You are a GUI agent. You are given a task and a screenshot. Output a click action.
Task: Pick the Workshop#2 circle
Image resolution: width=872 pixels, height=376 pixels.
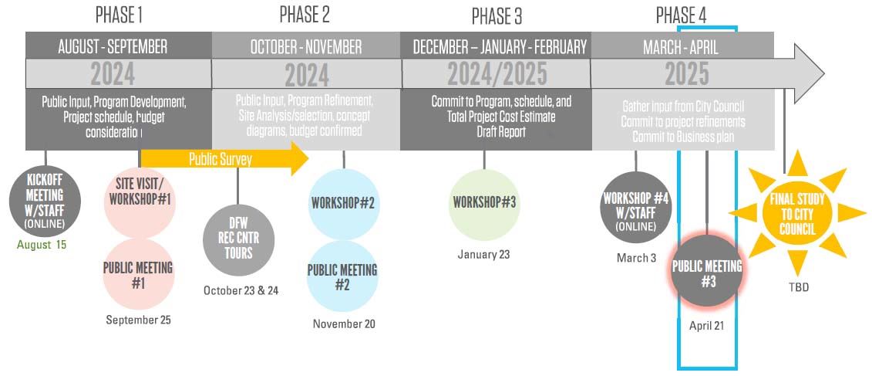[343, 203]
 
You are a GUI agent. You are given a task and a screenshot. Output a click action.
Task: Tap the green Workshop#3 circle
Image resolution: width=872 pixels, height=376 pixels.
[484, 202]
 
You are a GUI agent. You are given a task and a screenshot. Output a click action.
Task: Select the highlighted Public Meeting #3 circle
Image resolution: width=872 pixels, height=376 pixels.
[707, 273]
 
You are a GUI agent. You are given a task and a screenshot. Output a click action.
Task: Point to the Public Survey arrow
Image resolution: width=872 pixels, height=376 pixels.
[224, 160]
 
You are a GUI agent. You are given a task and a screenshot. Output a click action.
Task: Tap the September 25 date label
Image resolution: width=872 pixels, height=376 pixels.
[139, 320]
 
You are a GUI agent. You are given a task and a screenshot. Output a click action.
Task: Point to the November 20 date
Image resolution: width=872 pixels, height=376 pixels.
[344, 324]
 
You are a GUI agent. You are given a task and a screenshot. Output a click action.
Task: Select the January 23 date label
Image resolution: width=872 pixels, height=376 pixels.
[483, 254]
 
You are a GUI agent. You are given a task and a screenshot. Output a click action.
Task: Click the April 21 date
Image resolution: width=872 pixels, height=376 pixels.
[707, 326]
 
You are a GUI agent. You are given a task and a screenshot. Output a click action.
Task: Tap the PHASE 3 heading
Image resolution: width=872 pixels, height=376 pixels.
[496, 16]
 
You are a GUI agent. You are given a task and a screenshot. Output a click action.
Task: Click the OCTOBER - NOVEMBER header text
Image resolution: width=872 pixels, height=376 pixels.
[305, 47]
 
